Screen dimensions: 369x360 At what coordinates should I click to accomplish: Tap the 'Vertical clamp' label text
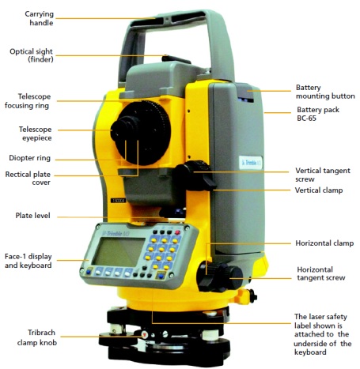coord(319,190)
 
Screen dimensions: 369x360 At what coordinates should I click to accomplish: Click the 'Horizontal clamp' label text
coord(324,244)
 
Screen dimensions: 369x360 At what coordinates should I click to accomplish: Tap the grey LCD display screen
coord(116,251)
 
